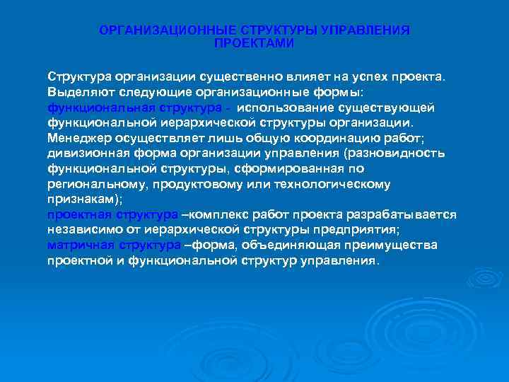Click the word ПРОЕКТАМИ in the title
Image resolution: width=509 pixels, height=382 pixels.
coord(254,43)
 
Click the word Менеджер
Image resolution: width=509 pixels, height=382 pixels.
coord(78,138)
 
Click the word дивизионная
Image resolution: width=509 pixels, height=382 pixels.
coord(83,154)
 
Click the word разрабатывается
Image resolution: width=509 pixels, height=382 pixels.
coord(403,214)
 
